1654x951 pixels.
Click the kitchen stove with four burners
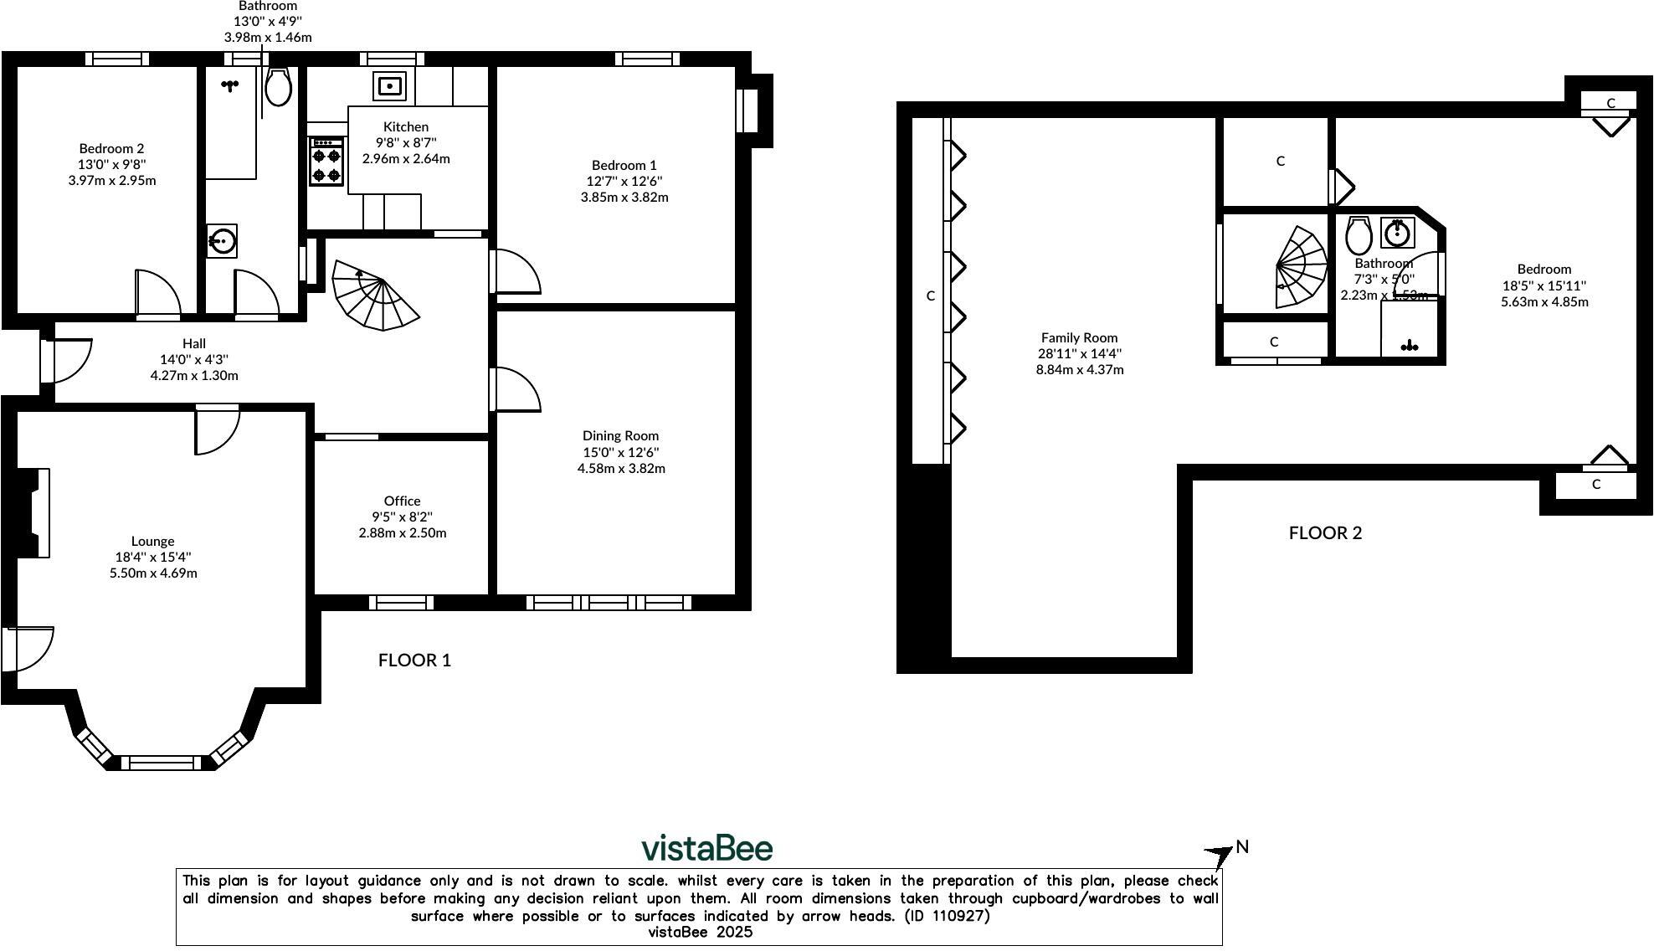[x=326, y=161]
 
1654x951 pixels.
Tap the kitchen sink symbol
[x=390, y=86]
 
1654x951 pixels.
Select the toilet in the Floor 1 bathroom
[x=278, y=87]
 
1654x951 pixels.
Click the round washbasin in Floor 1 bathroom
[x=222, y=242]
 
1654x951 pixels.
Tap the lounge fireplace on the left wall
[x=33, y=513]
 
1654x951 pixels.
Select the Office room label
[x=402, y=501]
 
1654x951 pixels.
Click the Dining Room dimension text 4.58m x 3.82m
[x=621, y=468]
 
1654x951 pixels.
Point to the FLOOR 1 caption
[x=414, y=660]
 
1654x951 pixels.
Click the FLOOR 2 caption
[x=1325, y=532]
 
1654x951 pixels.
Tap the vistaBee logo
[x=706, y=848]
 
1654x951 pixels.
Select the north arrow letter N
[x=1242, y=846]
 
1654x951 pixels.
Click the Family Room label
[x=1079, y=337]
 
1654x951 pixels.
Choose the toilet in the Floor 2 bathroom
[x=1358, y=235]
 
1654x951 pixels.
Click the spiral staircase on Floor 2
[x=1300, y=266]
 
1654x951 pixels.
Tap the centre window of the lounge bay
[x=162, y=762]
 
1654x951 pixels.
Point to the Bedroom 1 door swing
[x=516, y=271]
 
